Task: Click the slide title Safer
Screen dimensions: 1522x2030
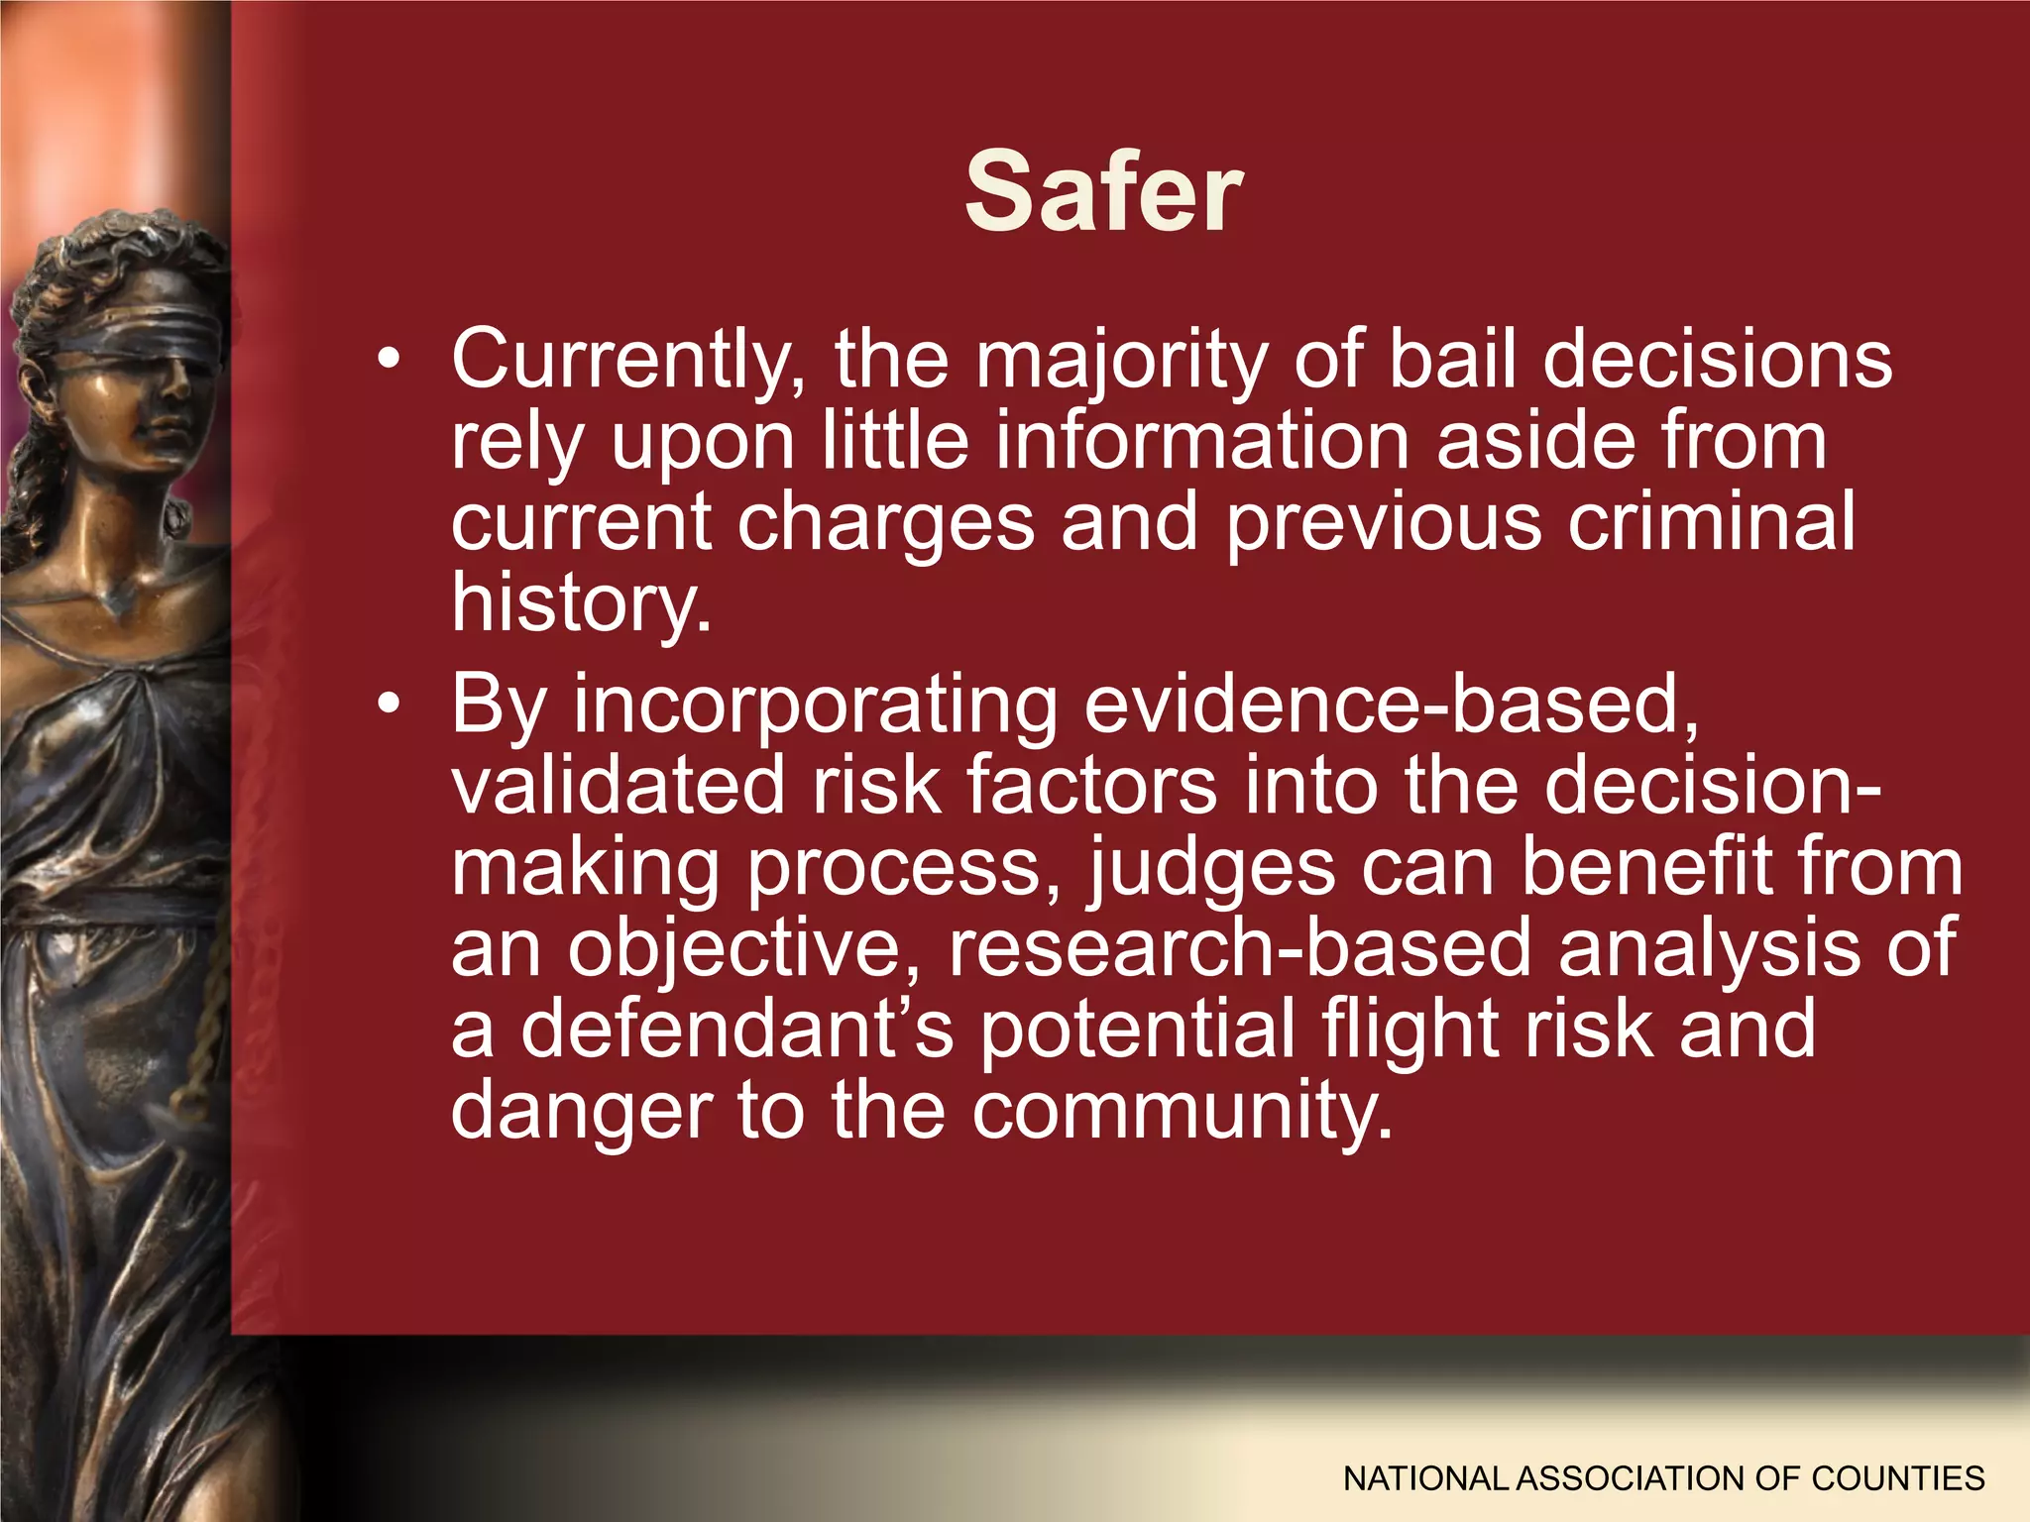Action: click(1103, 192)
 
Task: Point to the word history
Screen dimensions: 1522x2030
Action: click(581, 604)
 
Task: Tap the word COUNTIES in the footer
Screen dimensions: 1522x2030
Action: click(1897, 1478)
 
